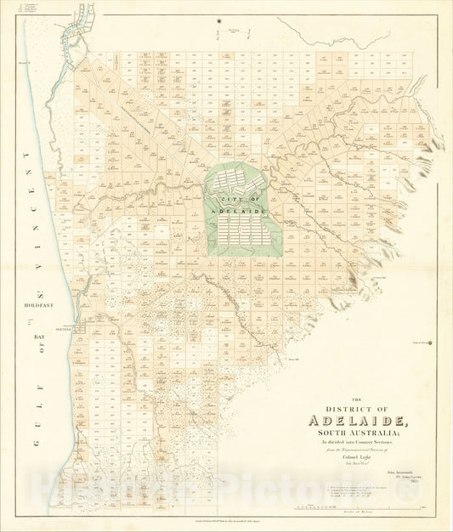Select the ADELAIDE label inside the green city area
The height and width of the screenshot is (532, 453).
241,209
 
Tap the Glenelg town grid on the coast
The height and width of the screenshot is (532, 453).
78,326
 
